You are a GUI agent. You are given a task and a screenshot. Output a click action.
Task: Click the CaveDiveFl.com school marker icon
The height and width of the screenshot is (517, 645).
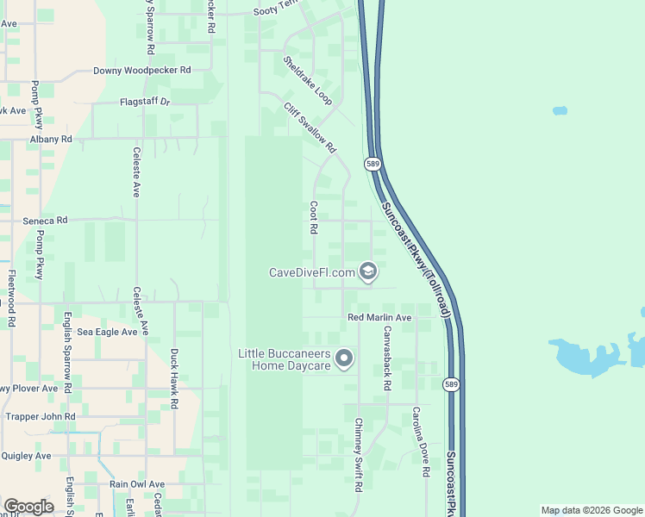[368, 272]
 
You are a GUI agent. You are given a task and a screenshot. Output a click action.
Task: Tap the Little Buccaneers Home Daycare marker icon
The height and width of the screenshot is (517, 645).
[345, 358]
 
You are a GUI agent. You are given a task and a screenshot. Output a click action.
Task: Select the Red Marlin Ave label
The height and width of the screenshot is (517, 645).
[379, 318]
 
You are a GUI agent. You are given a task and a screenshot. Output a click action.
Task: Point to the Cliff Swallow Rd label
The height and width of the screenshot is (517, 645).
[310, 128]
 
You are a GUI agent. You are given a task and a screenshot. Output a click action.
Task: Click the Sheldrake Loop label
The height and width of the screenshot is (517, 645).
[308, 81]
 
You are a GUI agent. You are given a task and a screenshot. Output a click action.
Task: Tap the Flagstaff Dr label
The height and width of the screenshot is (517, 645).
[146, 102]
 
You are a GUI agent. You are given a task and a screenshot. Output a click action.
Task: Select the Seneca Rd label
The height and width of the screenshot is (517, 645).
[45, 221]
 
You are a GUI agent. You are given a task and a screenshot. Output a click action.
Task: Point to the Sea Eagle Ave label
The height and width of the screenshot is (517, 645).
[107, 332]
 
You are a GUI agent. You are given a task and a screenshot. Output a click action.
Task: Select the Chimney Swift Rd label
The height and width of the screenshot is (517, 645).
[359, 454]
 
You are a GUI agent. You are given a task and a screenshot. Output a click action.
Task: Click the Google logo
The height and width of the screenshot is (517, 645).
[28, 507]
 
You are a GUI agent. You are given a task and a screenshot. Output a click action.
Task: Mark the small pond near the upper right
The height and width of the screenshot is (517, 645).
[560, 111]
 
